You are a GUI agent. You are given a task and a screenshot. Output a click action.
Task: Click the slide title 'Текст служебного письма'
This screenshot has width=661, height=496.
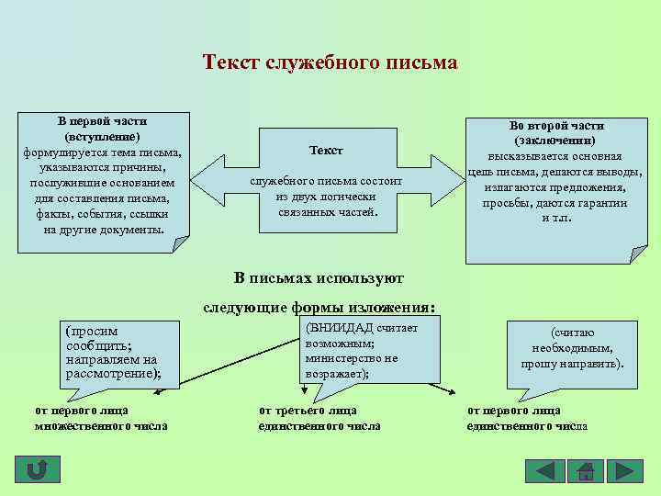pyautogui.click(x=330, y=62)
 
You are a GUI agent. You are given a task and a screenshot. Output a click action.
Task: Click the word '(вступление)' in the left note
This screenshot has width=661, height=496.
pyautogui.click(x=103, y=136)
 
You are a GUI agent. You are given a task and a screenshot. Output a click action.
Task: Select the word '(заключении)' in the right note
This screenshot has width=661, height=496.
pyautogui.click(x=555, y=141)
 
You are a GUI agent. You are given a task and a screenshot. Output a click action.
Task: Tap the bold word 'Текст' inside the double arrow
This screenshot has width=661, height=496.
pyautogui.click(x=326, y=150)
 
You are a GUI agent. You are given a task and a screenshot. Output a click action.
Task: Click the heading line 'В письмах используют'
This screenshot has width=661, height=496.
pyautogui.click(x=319, y=276)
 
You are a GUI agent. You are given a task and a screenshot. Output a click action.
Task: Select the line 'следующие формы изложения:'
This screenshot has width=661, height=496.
pyautogui.click(x=319, y=308)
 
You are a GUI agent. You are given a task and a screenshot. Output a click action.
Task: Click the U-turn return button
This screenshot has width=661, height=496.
pyautogui.click(x=38, y=470)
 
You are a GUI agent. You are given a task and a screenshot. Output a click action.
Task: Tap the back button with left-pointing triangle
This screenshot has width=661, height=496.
pyautogui.click(x=544, y=471)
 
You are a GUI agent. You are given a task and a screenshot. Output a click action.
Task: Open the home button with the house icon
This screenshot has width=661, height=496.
pyautogui.click(x=585, y=471)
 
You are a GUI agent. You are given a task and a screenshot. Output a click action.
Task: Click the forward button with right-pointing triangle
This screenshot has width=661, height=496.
pyautogui.click(x=625, y=471)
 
